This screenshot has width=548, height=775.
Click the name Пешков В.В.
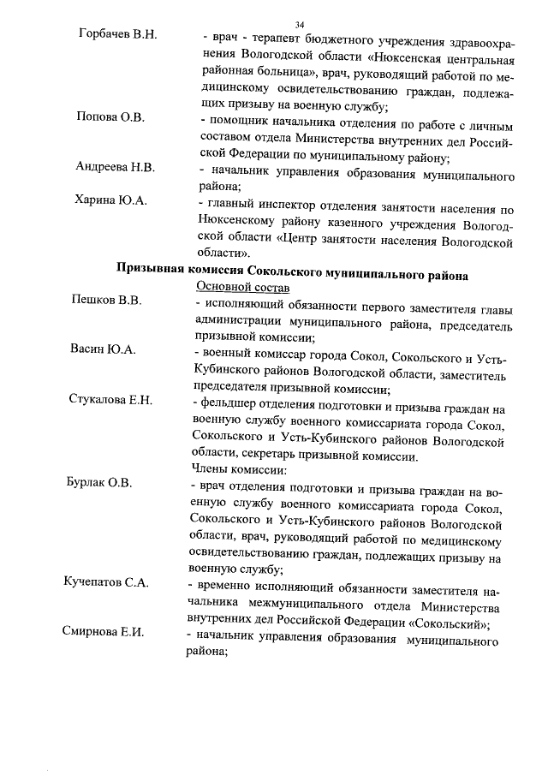pyautogui.click(x=105, y=301)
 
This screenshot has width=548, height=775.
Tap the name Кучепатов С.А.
pyautogui.click(x=106, y=582)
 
